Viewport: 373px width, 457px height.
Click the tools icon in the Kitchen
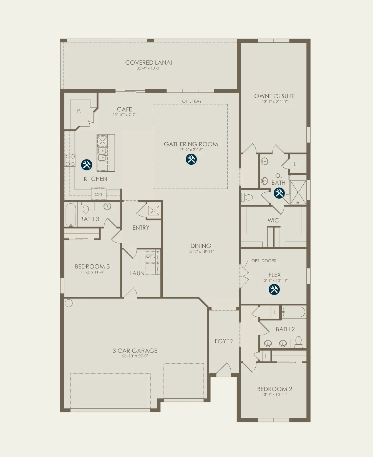coord(87,165)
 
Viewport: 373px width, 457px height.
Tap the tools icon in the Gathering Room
coord(191,159)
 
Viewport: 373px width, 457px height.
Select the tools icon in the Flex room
coord(274,290)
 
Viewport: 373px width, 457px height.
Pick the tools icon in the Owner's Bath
coord(279,193)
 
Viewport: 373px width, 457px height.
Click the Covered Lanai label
coord(148,63)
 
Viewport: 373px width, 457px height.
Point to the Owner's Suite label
coord(275,96)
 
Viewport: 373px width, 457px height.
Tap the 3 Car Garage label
coord(135,351)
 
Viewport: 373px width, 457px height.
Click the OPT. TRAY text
coord(192,101)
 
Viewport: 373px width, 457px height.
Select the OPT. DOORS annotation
coord(264,261)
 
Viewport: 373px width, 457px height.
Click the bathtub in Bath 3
coord(71,215)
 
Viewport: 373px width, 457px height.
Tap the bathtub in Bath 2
coord(294,312)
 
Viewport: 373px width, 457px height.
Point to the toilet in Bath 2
coord(299,342)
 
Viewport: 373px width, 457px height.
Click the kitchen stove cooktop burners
coord(70,160)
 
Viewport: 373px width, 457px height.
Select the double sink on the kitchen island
coord(102,154)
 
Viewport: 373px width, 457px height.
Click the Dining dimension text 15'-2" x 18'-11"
coord(201,252)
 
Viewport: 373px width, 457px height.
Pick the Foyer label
coord(224,341)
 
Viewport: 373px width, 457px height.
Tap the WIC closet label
coord(273,220)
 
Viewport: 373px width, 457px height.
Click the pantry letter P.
coord(79,111)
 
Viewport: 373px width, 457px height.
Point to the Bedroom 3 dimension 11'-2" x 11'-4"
coord(92,272)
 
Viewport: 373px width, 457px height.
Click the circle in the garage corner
coord(69,303)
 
